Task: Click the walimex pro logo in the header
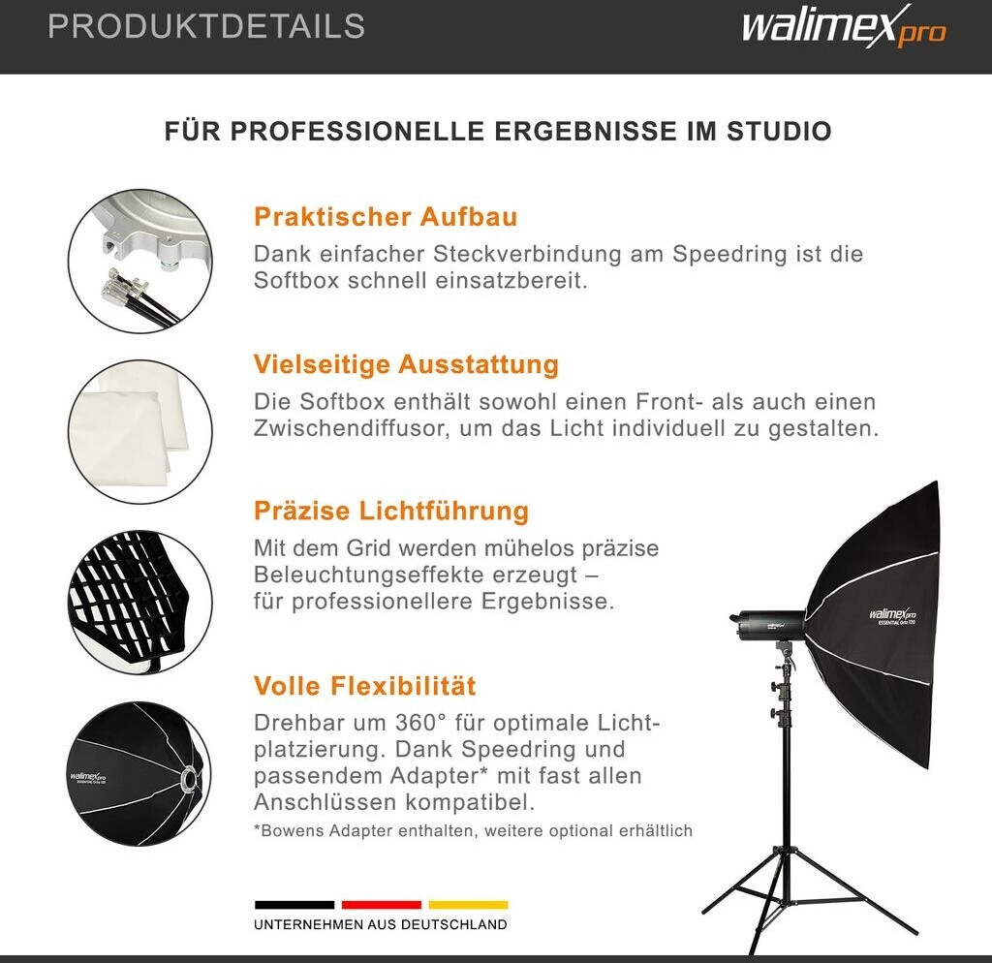pos(844,26)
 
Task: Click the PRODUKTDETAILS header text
pos(206,26)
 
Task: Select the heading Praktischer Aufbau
pos(386,216)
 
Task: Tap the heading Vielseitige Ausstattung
pos(406,364)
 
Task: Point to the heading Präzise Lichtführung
pos(391,512)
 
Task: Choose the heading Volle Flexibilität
pos(364,686)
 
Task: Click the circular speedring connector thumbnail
pos(139,261)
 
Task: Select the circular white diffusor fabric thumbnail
pos(139,432)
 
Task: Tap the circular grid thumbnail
pos(139,603)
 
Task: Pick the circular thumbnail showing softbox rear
pos(139,774)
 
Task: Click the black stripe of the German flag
pos(294,905)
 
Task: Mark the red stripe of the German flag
pos(381,905)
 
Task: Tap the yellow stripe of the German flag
pos(468,905)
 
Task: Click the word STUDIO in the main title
pos(779,131)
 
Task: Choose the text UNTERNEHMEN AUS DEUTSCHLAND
pos(380,924)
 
